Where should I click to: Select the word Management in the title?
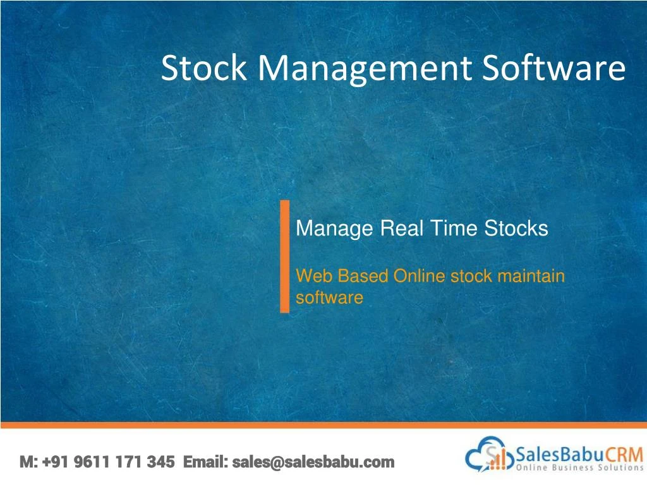[364, 68]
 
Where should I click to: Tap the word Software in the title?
[554, 68]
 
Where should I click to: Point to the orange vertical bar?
[284, 256]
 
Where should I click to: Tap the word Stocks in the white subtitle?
[516, 229]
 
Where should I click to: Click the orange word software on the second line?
[329, 297]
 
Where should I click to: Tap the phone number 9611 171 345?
[124, 462]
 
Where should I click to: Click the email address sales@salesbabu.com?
[313, 462]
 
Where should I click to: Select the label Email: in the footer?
[205, 462]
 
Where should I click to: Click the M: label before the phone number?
[29, 462]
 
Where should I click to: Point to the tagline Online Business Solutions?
[579, 468]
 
